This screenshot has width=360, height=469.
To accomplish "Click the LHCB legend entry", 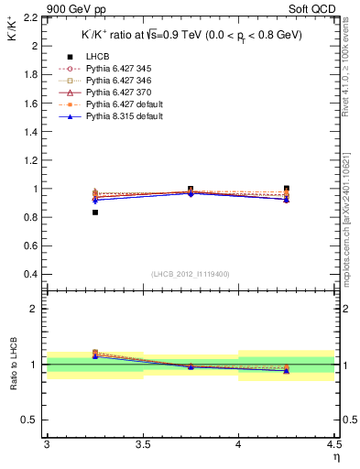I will pos(95,58).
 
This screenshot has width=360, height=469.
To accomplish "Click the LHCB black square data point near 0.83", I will pos(94,213).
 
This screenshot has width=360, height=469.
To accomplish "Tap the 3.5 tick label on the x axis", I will pos(143,444).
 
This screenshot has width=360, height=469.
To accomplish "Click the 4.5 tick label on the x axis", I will pos(333,444).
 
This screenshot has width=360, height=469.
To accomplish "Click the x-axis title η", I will pos(336,455).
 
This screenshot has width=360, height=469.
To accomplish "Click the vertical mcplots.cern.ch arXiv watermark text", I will pos(351,202).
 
